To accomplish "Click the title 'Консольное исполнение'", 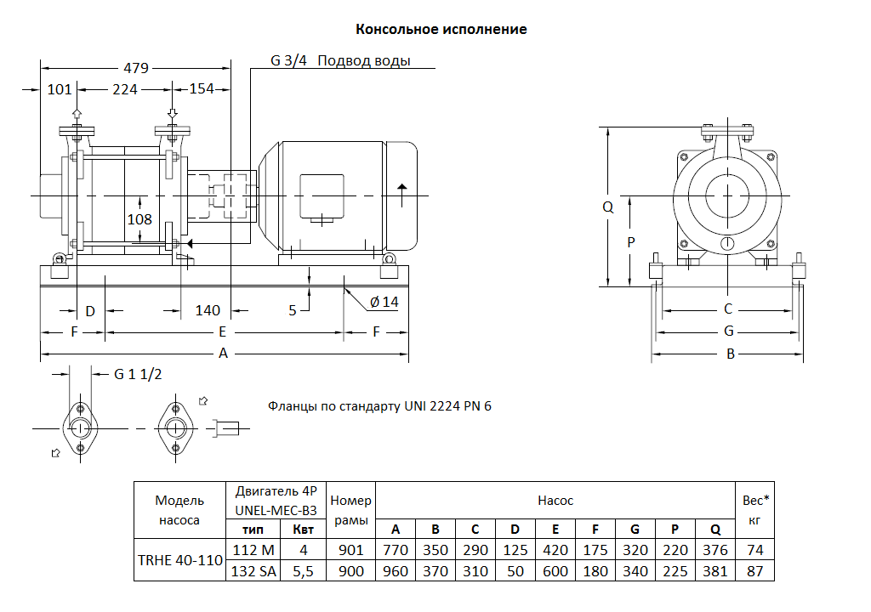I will tap(441, 30).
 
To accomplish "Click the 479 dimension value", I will tap(136, 68).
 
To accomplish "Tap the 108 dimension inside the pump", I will tap(139, 220).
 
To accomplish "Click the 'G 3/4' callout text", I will tap(288, 61).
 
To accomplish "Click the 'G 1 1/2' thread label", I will tap(138, 374).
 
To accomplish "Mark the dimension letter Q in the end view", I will tap(607, 207).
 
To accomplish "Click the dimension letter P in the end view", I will tap(630, 242).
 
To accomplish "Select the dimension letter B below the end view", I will tap(730, 354).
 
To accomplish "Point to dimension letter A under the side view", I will tap(223, 354).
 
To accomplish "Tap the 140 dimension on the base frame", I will tap(208, 311).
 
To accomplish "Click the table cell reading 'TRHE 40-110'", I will tap(179, 561).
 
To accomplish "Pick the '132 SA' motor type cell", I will tap(254, 571).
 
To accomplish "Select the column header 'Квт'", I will tap(303, 530).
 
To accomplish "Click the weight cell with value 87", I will tap(754, 571).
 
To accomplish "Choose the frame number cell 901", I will tap(350, 551).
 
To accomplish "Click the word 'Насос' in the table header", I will tap(555, 501).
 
